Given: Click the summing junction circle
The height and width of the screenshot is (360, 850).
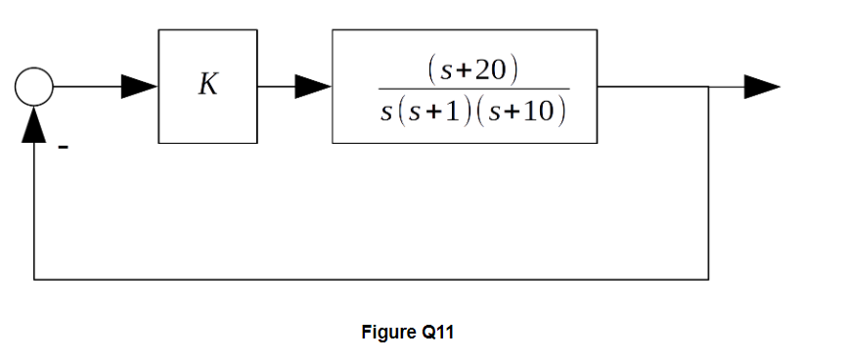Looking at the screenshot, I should pos(34,87).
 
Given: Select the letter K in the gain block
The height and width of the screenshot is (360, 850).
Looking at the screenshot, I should pos(208,85).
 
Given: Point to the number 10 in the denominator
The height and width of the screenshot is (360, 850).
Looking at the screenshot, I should pos(539,110).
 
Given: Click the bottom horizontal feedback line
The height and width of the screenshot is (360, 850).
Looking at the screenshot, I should pos(372,279).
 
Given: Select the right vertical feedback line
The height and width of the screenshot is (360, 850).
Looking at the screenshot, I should pos(708,186).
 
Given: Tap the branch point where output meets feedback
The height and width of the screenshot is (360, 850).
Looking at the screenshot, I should pos(708,87).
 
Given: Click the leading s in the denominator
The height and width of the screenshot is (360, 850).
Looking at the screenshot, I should pos(387,111).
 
